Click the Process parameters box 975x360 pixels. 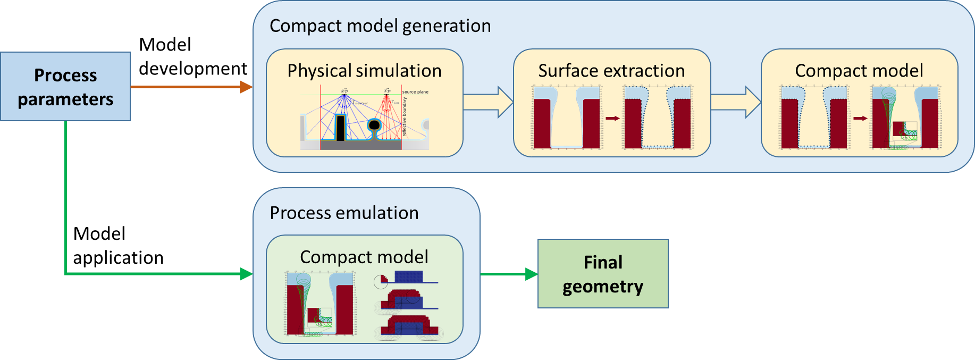(65, 87)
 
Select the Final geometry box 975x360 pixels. (603, 274)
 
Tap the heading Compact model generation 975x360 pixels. (380, 26)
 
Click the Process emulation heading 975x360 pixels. (344, 213)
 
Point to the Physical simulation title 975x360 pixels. (364, 71)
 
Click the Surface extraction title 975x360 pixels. (611, 71)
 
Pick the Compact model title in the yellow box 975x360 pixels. (859, 71)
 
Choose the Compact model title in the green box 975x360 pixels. (364, 257)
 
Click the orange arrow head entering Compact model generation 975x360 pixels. (246, 87)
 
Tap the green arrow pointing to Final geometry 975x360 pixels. (531, 274)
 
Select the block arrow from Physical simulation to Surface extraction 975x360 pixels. (488, 102)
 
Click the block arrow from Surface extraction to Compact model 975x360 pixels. (735, 102)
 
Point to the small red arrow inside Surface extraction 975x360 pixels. (612, 118)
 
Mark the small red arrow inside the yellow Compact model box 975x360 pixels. (860, 118)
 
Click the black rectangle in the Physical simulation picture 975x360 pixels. (340, 128)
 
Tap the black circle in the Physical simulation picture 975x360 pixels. (374, 125)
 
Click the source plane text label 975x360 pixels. (415, 92)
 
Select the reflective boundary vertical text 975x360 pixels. (404, 116)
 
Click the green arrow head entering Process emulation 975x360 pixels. (246, 274)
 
